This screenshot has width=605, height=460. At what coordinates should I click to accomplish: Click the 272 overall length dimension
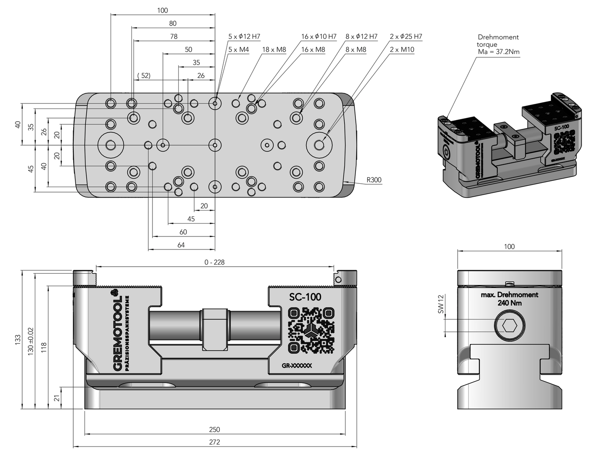point(214,442)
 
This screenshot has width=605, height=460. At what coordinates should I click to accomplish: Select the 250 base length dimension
point(214,429)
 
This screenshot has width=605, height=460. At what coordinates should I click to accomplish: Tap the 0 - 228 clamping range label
point(214,262)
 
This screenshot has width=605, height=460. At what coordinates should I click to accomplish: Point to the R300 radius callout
point(374,180)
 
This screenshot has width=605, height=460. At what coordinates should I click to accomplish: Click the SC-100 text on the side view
point(305,297)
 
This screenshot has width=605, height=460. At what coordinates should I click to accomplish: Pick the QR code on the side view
point(312,330)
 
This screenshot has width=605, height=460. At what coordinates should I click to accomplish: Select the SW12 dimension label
point(440,304)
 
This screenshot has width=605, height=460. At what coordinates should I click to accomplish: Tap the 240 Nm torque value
point(510,303)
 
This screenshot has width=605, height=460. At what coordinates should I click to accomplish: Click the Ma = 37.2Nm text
point(499,51)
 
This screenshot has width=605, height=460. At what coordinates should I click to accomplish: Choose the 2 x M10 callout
point(402,49)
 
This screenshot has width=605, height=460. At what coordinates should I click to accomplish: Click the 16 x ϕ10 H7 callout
point(319,36)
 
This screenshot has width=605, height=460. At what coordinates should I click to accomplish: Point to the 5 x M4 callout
point(239,49)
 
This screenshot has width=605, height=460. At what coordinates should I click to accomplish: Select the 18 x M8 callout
point(274,49)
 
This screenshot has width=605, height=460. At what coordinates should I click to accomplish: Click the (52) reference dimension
point(144,75)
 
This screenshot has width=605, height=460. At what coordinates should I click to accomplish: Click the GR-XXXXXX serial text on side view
point(297,365)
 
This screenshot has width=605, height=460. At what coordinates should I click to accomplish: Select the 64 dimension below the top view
point(181,245)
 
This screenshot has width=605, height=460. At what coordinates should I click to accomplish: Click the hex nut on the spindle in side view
point(215,329)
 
